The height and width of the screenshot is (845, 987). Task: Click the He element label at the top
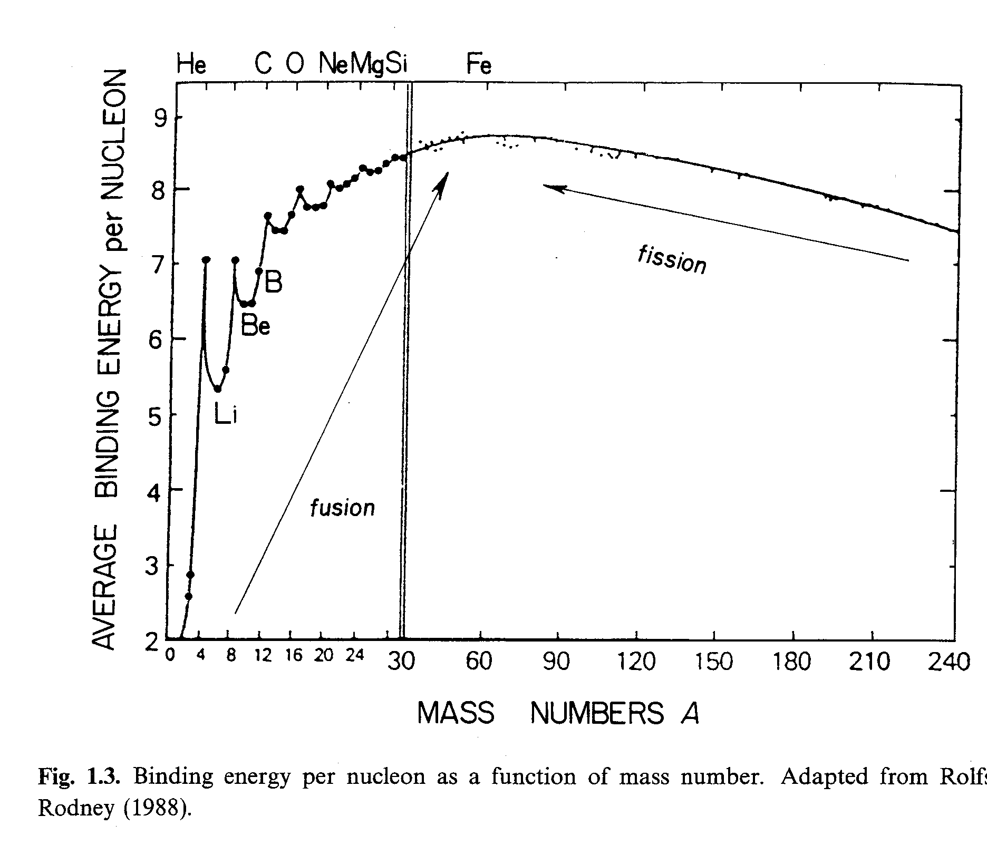(191, 65)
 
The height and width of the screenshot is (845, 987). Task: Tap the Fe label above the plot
(479, 65)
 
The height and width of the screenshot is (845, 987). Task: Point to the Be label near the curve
(255, 327)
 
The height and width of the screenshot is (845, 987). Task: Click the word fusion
(342, 508)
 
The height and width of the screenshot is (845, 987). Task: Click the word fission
(672, 260)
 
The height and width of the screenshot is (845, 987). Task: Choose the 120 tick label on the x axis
(636, 661)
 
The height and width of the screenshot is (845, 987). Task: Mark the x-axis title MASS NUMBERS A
(558, 714)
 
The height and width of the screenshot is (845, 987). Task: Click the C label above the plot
(263, 65)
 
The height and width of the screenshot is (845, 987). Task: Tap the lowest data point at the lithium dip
(218, 389)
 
